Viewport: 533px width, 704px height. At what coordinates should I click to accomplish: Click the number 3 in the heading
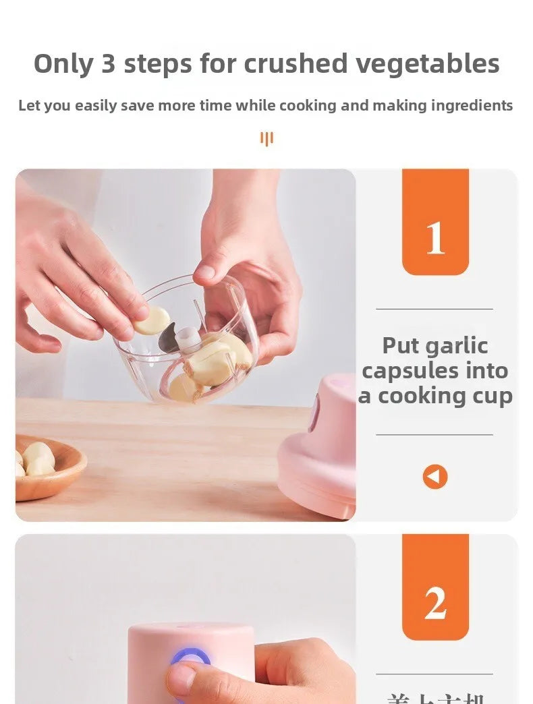[x=109, y=64]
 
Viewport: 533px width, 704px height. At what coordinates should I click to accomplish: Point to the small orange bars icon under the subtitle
[x=266, y=139]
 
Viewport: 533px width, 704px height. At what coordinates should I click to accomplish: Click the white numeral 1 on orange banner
[x=435, y=238]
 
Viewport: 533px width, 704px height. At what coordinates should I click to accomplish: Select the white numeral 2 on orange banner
[x=435, y=604]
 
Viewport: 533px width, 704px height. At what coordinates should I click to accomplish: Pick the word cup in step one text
[x=493, y=397]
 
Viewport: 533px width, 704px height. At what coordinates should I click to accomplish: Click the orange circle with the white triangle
[x=435, y=477]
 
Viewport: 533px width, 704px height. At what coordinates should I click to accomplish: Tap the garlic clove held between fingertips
[x=152, y=321]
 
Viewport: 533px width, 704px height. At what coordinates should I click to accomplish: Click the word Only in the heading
[x=63, y=64]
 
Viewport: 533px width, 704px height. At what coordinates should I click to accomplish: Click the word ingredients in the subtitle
[x=472, y=106]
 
